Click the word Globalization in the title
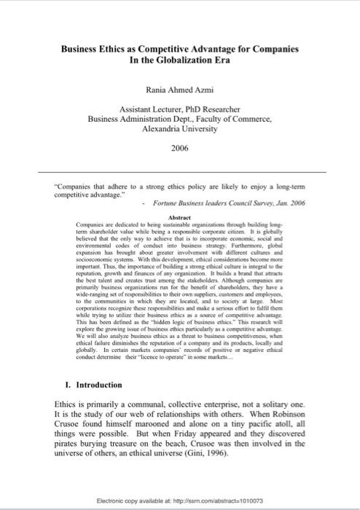173,61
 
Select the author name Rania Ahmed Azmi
180,90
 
